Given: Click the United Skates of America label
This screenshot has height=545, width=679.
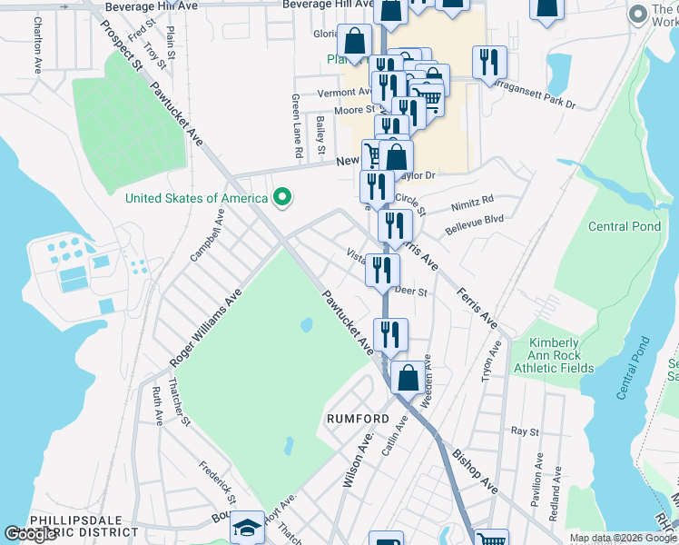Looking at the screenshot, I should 196,198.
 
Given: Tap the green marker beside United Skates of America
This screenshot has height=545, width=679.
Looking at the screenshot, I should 282,197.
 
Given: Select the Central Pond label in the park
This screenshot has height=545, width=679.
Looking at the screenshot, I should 625,226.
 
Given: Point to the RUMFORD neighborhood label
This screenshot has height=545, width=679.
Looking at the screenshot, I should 358,420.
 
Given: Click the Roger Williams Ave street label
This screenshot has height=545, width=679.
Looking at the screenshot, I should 205,329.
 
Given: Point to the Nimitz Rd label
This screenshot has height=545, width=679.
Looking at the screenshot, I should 473,200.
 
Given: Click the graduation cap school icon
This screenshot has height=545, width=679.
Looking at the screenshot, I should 247,529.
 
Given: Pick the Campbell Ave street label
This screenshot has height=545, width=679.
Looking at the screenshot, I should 207,235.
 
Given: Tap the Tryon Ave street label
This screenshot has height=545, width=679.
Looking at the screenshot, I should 494,362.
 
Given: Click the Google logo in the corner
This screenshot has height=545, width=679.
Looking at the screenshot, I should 30,534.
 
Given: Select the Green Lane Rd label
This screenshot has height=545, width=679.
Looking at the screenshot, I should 296,126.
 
